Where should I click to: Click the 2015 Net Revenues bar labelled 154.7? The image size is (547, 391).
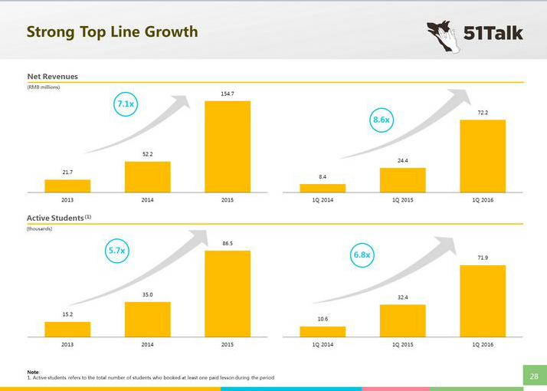click(x=227, y=146)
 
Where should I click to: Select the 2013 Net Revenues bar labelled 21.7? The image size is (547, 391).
click(x=67, y=186)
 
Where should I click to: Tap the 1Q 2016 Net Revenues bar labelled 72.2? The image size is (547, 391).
click(x=482, y=156)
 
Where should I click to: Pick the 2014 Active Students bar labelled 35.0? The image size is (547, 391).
click(x=147, y=319)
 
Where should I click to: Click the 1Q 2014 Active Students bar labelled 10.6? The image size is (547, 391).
click(x=323, y=331)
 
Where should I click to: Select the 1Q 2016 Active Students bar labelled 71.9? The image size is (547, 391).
click(x=482, y=301)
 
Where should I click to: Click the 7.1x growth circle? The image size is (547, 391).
click(x=126, y=103)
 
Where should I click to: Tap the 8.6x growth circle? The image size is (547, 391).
click(x=381, y=120)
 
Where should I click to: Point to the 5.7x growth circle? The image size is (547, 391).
click(x=117, y=251)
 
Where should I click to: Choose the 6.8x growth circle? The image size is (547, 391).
click(x=362, y=255)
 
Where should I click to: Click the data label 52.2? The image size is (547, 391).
click(x=147, y=155)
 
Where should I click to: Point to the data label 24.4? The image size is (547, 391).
click(x=402, y=161)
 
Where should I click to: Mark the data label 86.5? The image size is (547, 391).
click(x=227, y=243)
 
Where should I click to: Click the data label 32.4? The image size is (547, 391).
click(x=402, y=297)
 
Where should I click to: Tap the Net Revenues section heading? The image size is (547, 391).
click(x=52, y=76)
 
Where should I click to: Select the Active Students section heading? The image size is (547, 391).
click(x=57, y=219)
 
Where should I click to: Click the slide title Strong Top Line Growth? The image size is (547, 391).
click(x=112, y=31)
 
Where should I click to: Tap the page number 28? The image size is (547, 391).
click(x=534, y=376)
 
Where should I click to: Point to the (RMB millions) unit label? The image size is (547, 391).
click(x=43, y=87)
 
